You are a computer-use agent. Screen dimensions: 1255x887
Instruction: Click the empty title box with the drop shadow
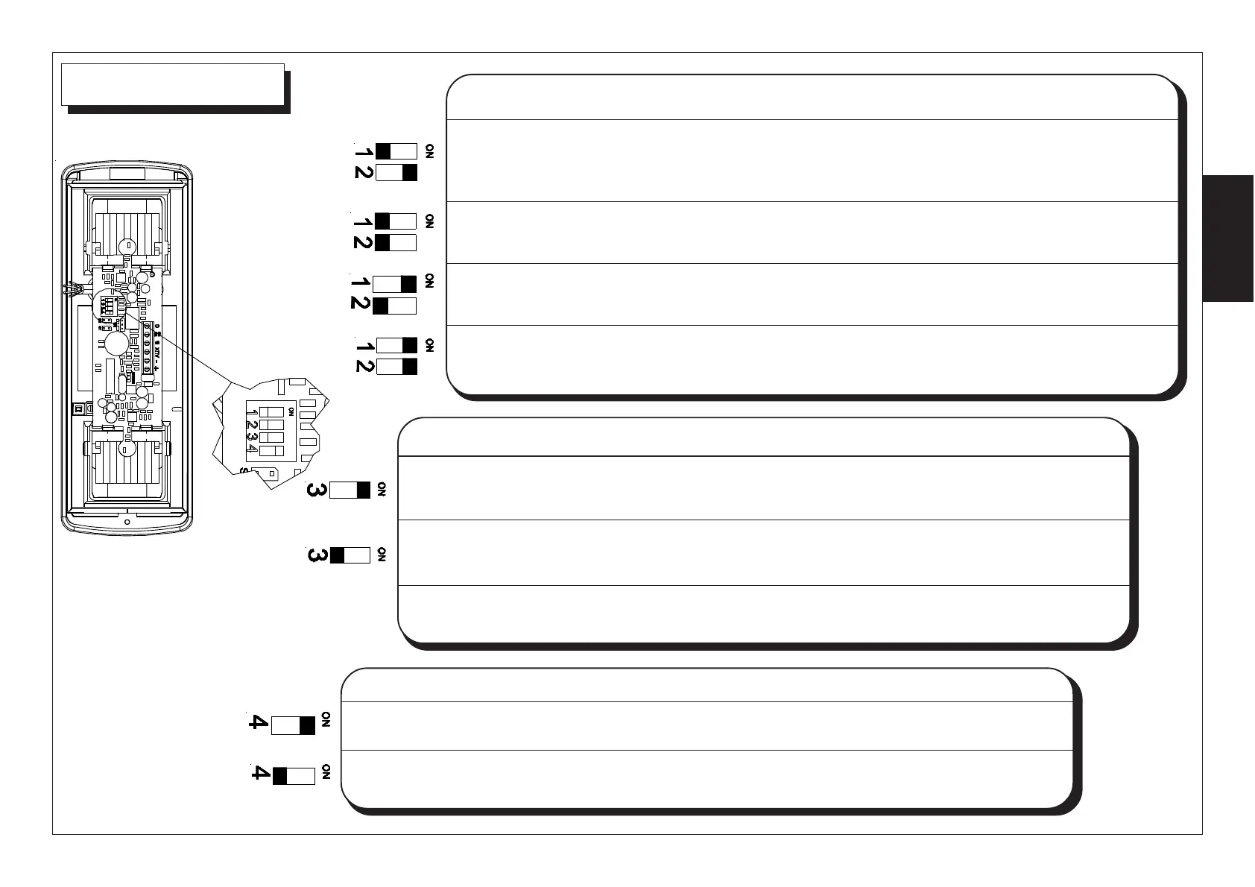pyautogui.click(x=172, y=84)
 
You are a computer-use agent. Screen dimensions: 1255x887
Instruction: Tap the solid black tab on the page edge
pyautogui.click(x=1228, y=239)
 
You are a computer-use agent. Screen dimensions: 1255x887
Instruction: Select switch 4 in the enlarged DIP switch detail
pyautogui.click(x=272, y=451)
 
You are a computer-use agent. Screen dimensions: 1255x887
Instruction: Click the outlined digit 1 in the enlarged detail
pyautogui.click(x=255, y=413)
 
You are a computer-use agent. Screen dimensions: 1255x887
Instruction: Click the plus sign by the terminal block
pyautogui.click(x=157, y=368)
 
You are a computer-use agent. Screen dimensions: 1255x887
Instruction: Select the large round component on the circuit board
pyautogui.click(x=116, y=344)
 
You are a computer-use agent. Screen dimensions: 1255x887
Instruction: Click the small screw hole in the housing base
pyautogui.click(x=127, y=522)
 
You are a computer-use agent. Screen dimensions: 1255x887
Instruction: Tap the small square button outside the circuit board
pyautogui.click(x=77, y=408)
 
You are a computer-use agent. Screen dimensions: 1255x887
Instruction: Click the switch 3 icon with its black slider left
pyautogui.click(x=350, y=555)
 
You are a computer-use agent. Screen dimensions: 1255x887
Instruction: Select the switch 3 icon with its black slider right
pyautogui.click(x=350, y=490)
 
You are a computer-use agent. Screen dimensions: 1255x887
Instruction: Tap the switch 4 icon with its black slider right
pyautogui.click(x=293, y=725)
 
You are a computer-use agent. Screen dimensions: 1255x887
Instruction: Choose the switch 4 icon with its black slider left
pyautogui.click(x=294, y=776)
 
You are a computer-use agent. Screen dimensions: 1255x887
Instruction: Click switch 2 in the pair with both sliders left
pyautogui.click(x=395, y=242)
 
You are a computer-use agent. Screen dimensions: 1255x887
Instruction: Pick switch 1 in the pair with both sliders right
pyautogui.click(x=396, y=345)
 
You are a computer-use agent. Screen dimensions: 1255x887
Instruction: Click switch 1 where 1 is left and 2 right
pyautogui.click(x=395, y=151)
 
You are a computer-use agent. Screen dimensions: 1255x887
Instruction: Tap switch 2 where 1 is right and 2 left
pyautogui.click(x=394, y=306)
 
